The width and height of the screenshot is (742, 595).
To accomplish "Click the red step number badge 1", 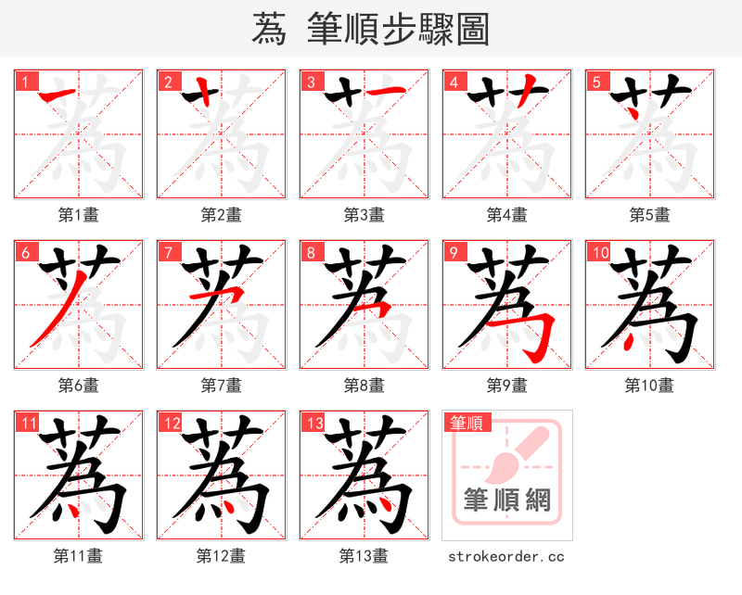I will (25, 82).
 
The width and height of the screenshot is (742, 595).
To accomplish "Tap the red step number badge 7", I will (168, 252).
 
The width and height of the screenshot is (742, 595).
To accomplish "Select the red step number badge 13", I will (313, 424).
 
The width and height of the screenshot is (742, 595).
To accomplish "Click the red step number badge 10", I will (599, 252).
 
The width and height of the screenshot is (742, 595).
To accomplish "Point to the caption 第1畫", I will (79, 215).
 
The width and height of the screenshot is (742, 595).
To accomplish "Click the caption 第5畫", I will (649, 215).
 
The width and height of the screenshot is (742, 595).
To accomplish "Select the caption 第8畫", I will (364, 386).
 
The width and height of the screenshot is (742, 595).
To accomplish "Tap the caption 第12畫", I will (221, 556).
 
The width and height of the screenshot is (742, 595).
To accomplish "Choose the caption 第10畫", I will (649, 386).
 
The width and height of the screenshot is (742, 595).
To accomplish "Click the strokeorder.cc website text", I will (506, 556).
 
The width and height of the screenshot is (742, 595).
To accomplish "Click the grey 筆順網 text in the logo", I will (507, 501).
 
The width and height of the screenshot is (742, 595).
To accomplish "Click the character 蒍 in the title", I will (268, 29).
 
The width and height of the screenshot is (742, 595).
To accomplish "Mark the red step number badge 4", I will (454, 82).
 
